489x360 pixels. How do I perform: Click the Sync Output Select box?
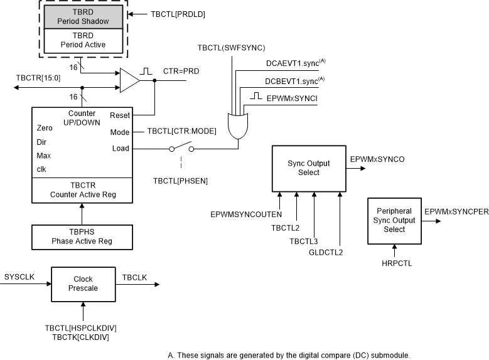coord(309,168)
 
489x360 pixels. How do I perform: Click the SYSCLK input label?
coord(16,277)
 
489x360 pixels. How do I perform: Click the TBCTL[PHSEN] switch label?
coord(180,181)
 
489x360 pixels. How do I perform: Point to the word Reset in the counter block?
coord(119,115)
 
